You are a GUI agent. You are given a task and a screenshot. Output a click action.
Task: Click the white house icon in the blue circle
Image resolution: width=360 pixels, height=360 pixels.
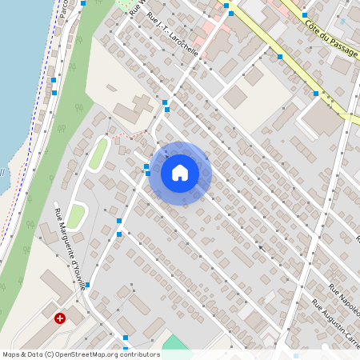click(x=180, y=173)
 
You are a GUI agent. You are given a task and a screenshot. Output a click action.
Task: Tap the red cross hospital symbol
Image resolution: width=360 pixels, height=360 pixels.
click(x=60, y=318)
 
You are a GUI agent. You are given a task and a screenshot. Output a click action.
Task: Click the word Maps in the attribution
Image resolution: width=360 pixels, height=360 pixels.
click(x=11, y=354)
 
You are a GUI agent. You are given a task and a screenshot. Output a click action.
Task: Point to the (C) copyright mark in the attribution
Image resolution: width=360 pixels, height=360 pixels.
click(x=49, y=354)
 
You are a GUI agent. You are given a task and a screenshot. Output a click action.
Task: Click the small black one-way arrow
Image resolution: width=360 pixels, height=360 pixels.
click(x=260, y=247)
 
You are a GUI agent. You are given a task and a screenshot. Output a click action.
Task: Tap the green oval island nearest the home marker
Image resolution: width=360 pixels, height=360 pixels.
click(x=98, y=153)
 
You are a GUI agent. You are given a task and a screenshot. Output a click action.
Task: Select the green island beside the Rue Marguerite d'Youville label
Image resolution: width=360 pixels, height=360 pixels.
click(x=76, y=215)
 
